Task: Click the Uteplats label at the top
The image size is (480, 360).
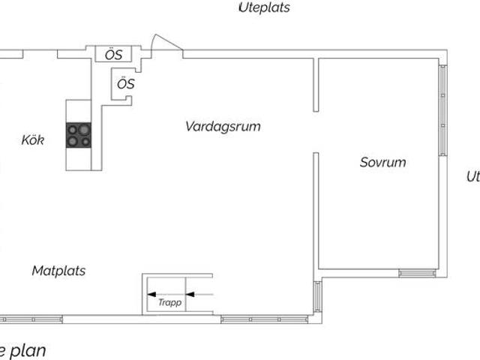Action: coord(264,8)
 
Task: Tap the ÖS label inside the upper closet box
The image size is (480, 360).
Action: coord(112,54)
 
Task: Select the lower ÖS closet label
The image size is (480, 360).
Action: coord(126,84)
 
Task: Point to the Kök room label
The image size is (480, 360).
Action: coord(32,140)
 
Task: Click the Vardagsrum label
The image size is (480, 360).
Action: coord(223,127)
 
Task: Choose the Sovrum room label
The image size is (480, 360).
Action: coord(382,162)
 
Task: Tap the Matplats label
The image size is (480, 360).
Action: coord(58,271)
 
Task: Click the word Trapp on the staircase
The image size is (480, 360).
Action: coord(169,303)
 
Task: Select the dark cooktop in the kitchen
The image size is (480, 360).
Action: coord(79,134)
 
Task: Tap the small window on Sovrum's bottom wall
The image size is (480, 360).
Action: coord(417,272)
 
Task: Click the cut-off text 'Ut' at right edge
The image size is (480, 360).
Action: coord(472,177)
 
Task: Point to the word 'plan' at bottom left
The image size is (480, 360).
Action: coord(28,350)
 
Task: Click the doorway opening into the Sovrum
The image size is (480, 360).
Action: coord(316,131)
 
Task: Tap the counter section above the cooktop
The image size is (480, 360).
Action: coord(79,110)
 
